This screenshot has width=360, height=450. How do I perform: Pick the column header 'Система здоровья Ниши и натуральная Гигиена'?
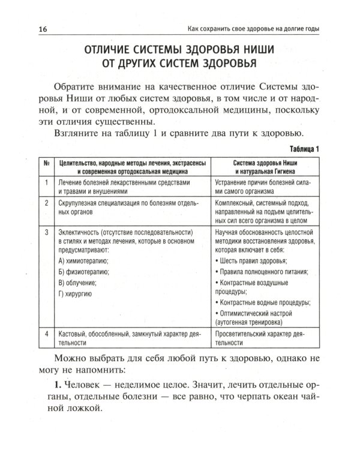263,167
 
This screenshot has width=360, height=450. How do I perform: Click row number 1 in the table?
46,183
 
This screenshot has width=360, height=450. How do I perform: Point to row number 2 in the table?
46,203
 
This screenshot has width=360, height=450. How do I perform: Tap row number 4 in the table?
46,333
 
